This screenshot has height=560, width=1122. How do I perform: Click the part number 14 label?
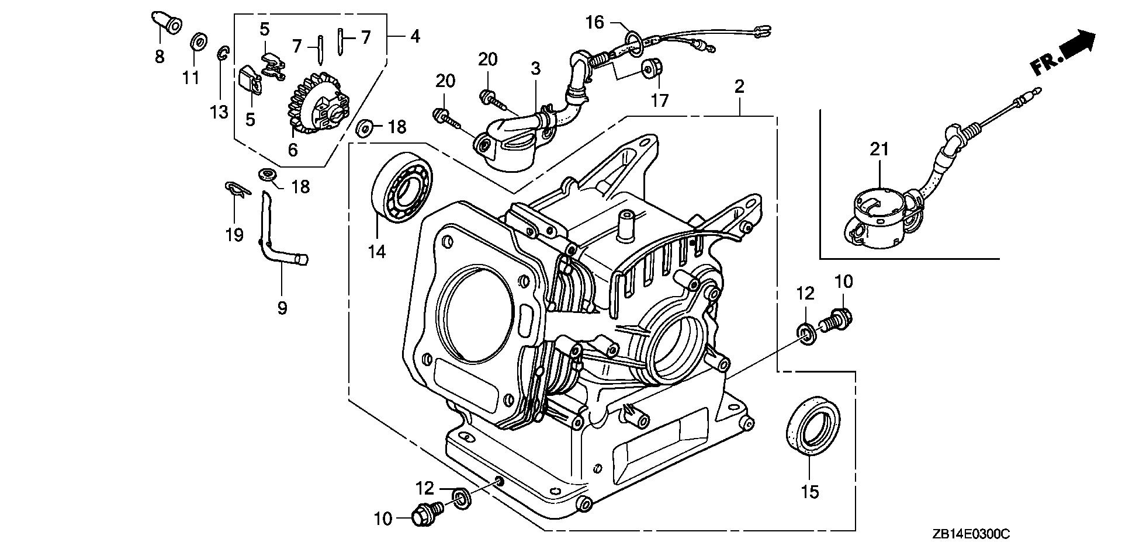(377, 252)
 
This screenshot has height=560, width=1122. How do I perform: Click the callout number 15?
(810, 492)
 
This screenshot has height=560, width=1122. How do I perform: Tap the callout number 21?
(879, 149)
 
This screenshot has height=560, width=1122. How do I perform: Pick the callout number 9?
(282, 308)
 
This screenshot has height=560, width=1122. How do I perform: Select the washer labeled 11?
(198, 42)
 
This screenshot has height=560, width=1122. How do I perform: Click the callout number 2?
(739, 87)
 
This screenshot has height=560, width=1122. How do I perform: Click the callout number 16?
(595, 23)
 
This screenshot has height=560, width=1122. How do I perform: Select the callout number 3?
(535, 69)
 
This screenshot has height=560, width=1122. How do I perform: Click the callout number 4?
(415, 36)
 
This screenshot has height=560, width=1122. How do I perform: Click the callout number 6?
(293, 149)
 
